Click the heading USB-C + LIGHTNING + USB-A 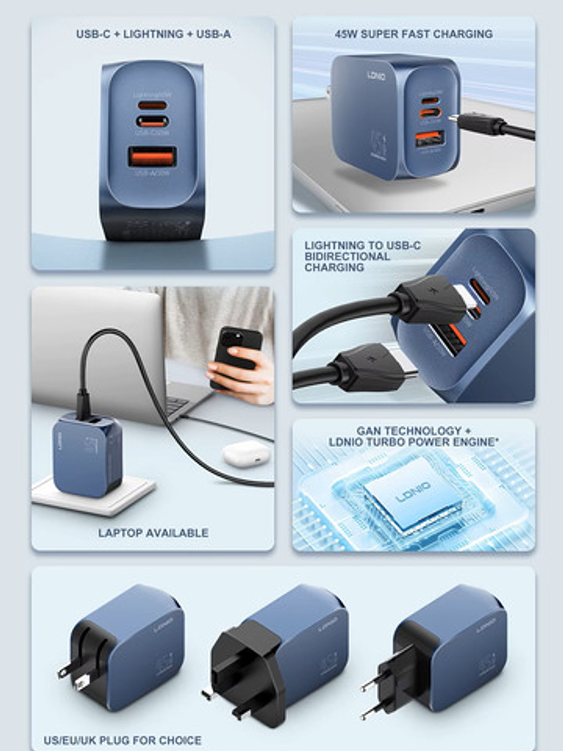click(153, 34)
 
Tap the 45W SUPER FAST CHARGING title click(413, 34)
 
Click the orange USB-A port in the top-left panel click(152, 157)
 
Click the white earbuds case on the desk click(244, 453)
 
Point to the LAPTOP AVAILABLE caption click(153, 533)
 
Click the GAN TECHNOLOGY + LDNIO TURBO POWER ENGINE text click(413, 436)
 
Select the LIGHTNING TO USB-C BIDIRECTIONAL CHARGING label click(347, 256)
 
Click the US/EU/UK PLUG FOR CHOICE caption click(122, 740)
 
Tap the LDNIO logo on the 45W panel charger click(377, 76)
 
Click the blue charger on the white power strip click(87, 454)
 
